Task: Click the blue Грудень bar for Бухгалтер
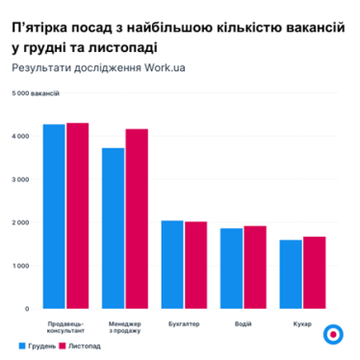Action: [172, 265]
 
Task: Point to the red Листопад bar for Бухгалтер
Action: [195, 265]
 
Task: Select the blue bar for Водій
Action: [231, 269]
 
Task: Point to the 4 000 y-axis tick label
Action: [19, 136]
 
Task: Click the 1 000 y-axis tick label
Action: [19, 266]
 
